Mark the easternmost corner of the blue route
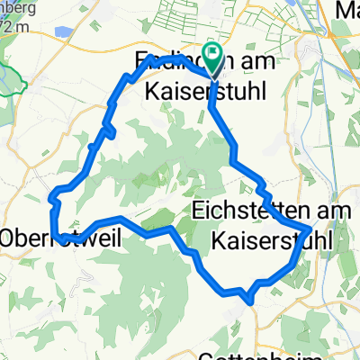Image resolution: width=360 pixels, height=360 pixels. point(311,229)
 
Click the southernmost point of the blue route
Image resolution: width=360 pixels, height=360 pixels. point(244,292)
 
